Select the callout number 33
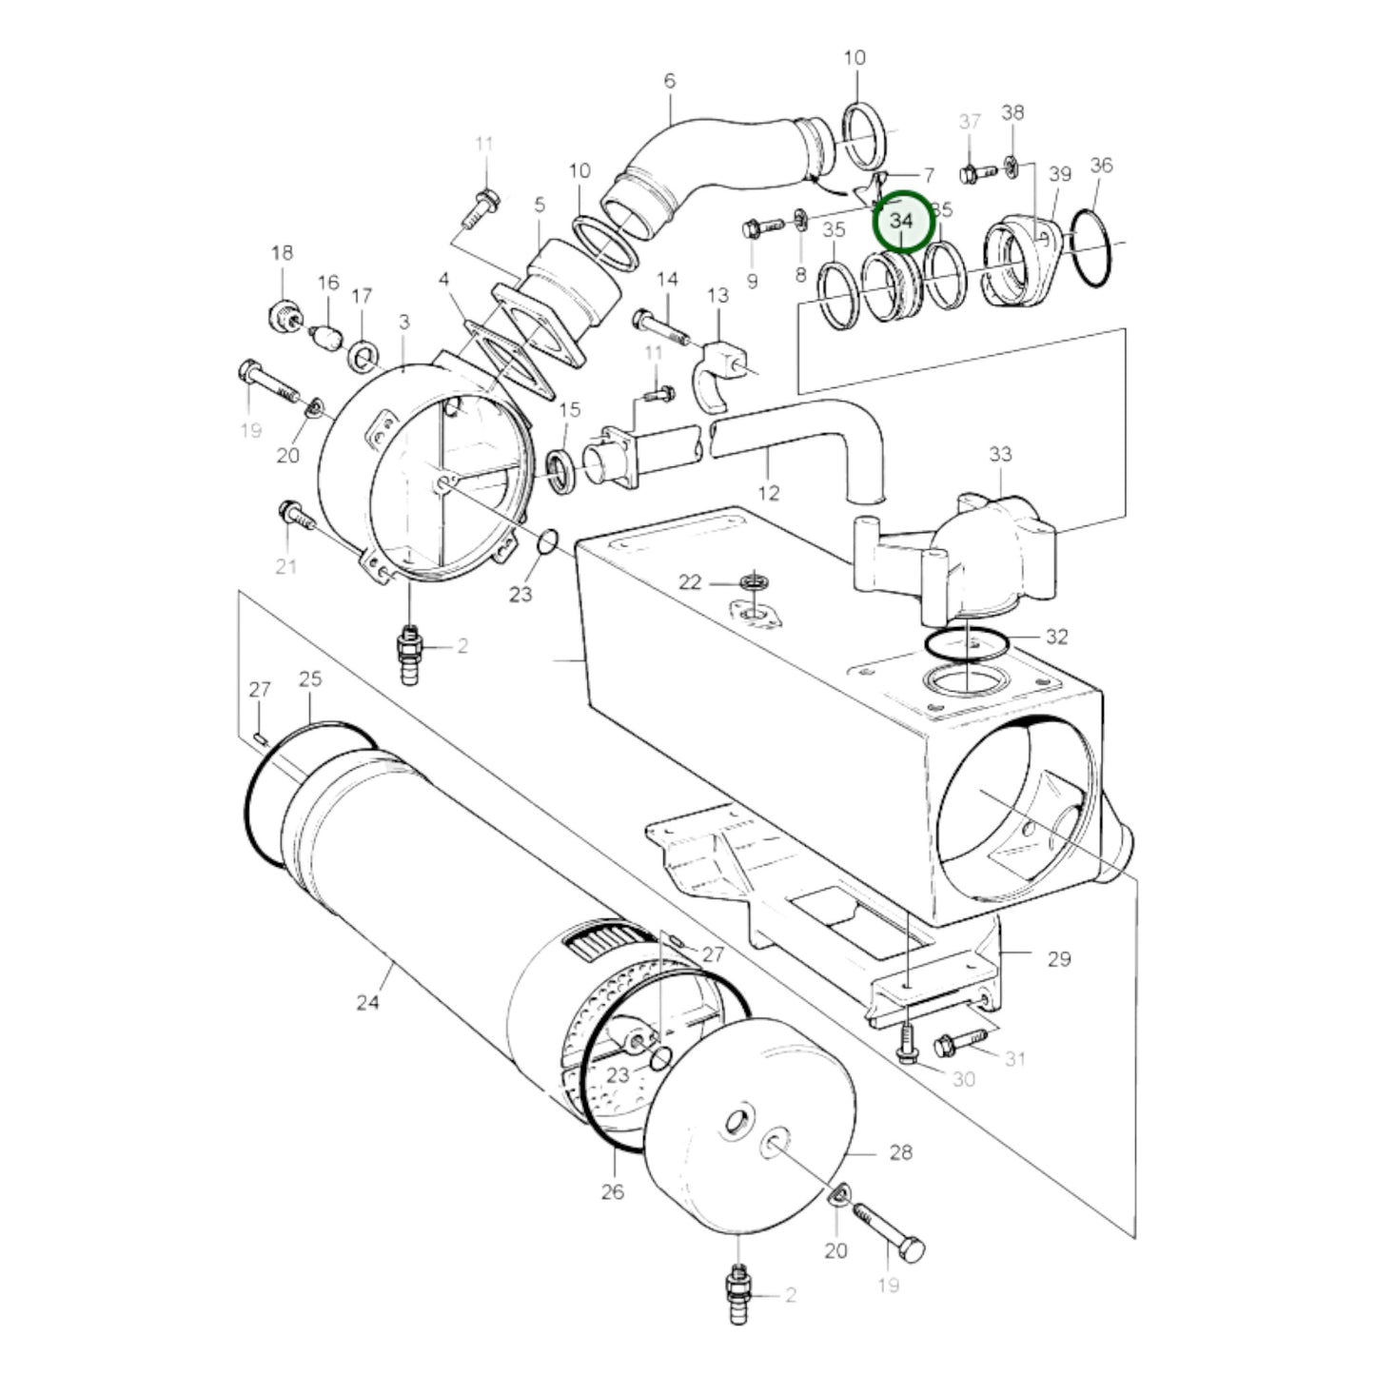(x=1000, y=455)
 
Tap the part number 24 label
(x=368, y=1002)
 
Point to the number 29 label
(x=1059, y=958)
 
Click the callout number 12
(x=769, y=492)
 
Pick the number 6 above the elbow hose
(x=669, y=81)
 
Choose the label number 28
(x=900, y=1152)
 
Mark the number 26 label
(x=613, y=1190)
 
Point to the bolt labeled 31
(x=962, y=1044)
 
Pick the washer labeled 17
(x=363, y=357)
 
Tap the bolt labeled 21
(x=298, y=518)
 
